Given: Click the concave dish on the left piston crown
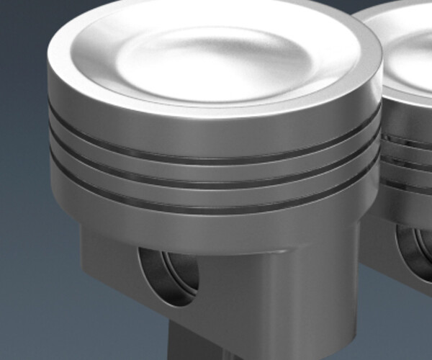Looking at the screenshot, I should (x=216, y=54).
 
